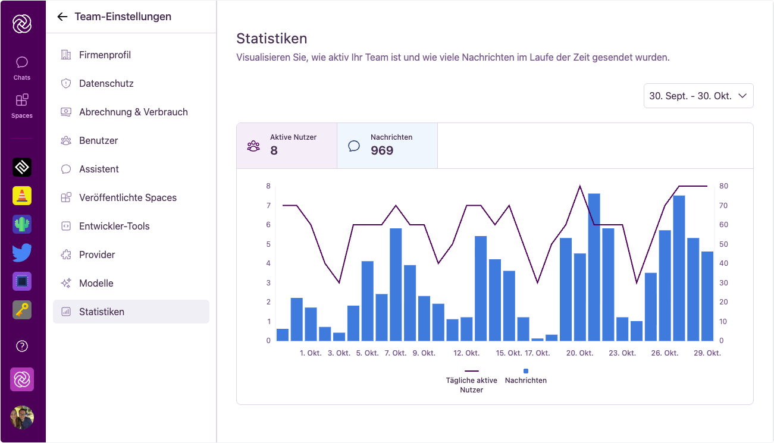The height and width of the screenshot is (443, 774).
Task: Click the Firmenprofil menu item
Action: [x=105, y=55]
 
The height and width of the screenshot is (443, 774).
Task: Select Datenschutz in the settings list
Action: [x=106, y=83]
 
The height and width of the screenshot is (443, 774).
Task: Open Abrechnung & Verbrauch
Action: [x=133, y=112]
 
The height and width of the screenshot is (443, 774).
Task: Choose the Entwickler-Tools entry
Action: [x=114, y=226]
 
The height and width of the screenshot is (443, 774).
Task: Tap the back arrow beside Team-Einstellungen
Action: [x=62, y=17]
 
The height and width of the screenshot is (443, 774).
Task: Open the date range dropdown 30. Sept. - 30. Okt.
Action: [x=698, y=96]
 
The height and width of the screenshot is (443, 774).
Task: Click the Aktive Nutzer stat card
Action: [x=287, y=146]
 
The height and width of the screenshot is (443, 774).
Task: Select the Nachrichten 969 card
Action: [x=387, y=146]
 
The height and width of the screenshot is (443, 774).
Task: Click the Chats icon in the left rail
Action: [x=22, y=68]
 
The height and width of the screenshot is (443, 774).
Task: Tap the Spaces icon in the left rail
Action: [x=22, y=105]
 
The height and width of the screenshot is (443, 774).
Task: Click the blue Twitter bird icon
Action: [x=22, y=253]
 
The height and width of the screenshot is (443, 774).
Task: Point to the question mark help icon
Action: [x=22, y=346]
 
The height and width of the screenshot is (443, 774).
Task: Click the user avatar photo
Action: [x=22, y=417]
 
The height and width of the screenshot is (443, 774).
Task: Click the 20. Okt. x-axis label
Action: [x=579, y=353]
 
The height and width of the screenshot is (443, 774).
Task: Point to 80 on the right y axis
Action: [x=723, y=186]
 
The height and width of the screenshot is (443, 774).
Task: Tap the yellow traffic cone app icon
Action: [x=22, y=196]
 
